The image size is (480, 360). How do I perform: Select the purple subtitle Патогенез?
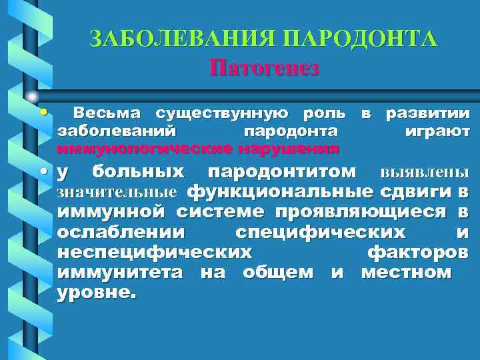265,67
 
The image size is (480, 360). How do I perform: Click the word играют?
437,131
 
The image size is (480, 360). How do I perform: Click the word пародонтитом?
282,173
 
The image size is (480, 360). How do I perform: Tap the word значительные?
117,193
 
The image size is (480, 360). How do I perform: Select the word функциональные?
279,193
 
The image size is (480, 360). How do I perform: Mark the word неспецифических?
155,253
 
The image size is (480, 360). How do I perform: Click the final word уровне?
96,292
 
